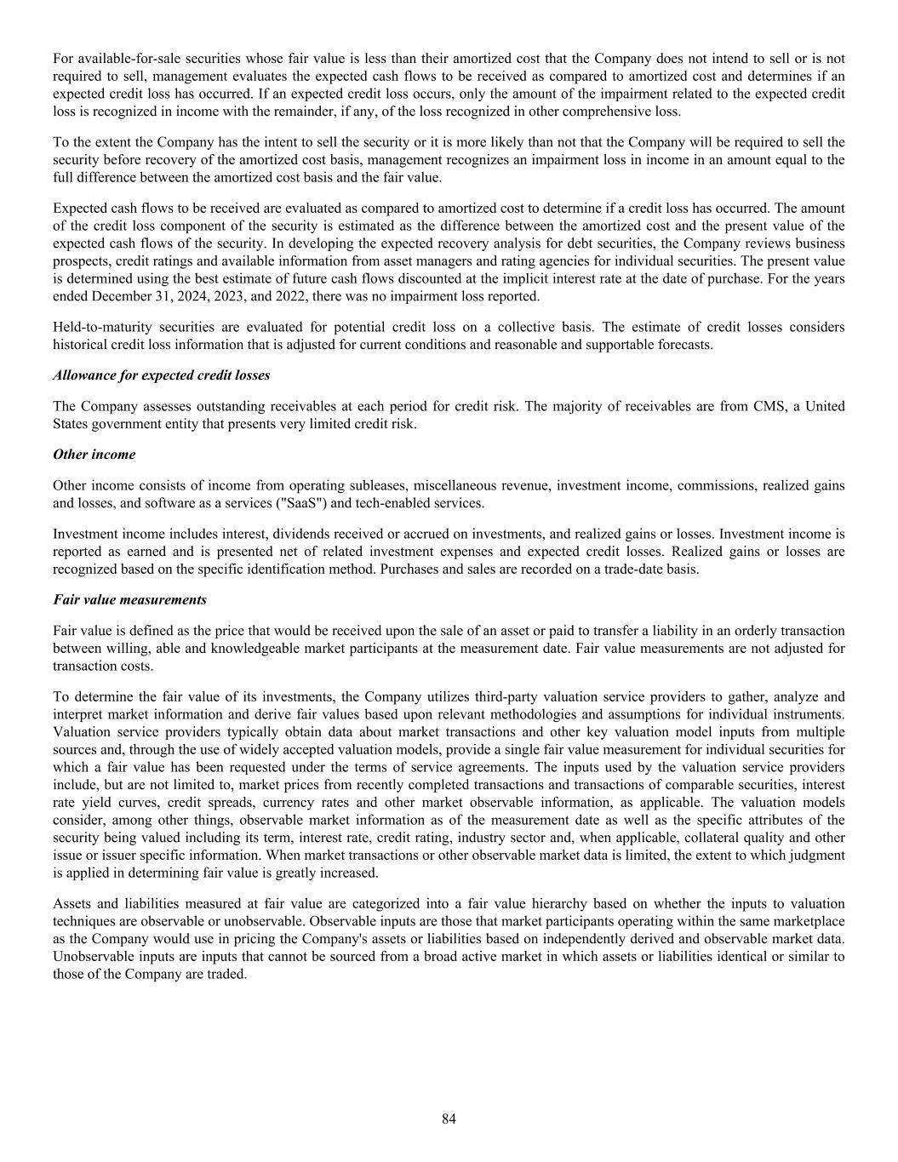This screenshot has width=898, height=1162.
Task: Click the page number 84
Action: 449,1119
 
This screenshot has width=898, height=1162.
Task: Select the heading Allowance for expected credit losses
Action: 161,375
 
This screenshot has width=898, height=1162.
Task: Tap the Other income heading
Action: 94,455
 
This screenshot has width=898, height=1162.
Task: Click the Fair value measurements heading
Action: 129,600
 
